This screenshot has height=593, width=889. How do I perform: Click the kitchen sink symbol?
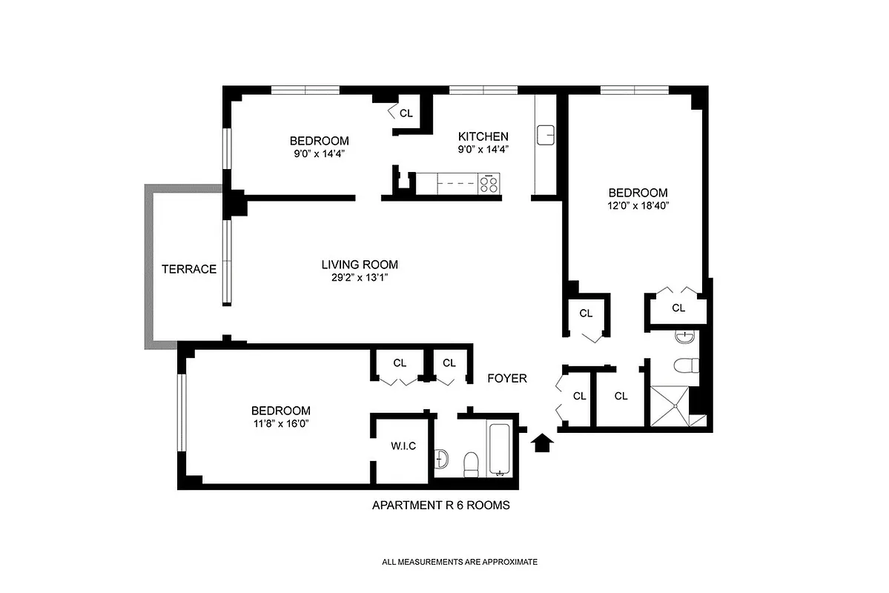tap(546, 136)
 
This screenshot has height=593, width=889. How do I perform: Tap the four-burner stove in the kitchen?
tap(489, 183)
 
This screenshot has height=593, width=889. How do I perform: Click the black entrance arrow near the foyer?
tap(543, 443)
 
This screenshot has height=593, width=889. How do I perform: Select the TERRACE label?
tap(189, 269)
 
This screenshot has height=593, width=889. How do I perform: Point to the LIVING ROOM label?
tap(359, 265)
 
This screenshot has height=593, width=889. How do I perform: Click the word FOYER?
tap(506, 379)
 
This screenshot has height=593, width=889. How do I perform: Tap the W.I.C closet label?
tap(403, 446)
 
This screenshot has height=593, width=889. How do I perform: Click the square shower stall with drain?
tap(673, 406)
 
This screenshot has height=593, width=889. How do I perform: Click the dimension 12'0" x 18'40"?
tap(638, 206)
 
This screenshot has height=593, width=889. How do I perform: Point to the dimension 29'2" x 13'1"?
tap(359, 278)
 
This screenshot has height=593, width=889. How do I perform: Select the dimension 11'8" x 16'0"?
tap(280, 424)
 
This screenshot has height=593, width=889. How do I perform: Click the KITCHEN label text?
tap(483, 136)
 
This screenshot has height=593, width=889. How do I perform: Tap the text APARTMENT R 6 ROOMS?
tap(440, 506)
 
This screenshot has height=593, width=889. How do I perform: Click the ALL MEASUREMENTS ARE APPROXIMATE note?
tap(459, 562)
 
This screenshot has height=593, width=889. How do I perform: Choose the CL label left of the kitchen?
tap(406, 113)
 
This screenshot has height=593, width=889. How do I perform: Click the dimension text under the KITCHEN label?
tap(483, 149)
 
